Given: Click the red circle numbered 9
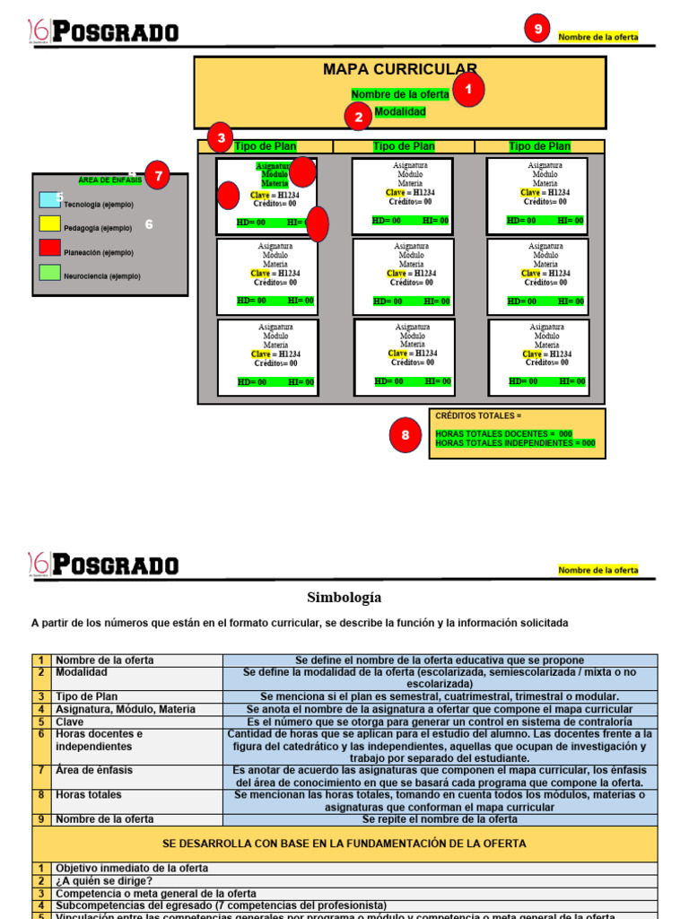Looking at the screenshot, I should point(537,30).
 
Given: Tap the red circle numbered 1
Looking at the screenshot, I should point(467,90).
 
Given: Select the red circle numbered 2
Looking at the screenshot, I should point(359,117).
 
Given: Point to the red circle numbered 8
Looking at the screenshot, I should point(406,435).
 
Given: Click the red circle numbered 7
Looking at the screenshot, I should point(158,176).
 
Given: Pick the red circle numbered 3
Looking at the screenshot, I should point(221,138).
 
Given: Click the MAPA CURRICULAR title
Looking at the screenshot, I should point(399,69).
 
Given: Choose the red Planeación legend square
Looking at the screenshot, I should point(49,249).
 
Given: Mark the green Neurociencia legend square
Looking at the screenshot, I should point(49,273).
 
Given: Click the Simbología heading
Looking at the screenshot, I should point(344,597).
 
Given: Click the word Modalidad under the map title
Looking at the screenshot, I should point(399,112).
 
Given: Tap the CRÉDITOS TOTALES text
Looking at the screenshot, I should point(477,416).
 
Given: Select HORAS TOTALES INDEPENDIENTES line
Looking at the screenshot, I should point(515,443).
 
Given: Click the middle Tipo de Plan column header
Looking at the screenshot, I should point(404,146).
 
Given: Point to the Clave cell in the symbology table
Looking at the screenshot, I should point(70,722).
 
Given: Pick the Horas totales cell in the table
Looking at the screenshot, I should point(88,794).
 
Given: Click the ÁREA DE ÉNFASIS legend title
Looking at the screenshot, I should point(109,180).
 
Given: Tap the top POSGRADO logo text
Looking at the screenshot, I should point(115,33).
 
